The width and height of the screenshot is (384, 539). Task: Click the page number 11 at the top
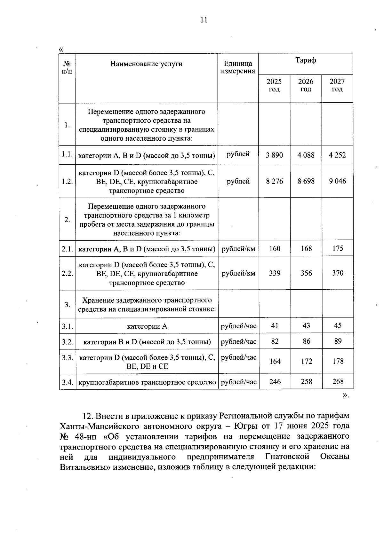pos(204,20)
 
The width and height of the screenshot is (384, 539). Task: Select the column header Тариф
pos(306,60)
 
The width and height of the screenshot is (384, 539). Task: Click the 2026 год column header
pos(306,85)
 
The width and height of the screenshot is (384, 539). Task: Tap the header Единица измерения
pos(238,67)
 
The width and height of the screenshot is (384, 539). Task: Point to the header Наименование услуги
pos(146,64)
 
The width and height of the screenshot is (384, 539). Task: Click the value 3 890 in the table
pos(275,155)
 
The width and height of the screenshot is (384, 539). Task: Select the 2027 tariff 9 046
pos(338,181)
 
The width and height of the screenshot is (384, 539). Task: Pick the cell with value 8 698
pos(306,181)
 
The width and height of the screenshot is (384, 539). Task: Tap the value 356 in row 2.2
pos(306,273)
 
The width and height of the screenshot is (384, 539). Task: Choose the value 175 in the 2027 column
pos(338,248)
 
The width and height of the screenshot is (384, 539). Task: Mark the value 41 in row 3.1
pos(275,325)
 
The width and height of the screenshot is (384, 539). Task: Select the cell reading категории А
pos(147,326)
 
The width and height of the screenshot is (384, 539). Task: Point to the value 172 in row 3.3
pos(307,361)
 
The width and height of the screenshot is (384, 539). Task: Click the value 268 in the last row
pos(338,381)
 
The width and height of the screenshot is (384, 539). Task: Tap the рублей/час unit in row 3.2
pos(239,341)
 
